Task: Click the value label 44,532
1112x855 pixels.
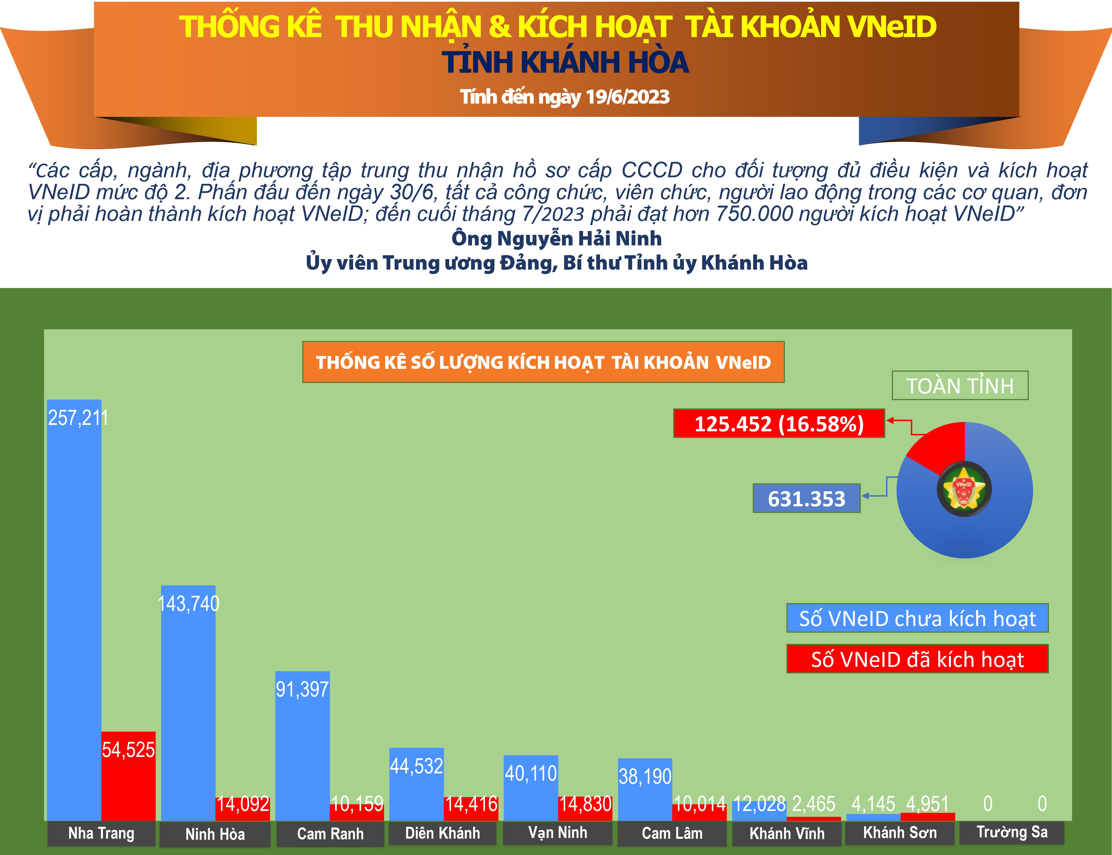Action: [x=416, y=766]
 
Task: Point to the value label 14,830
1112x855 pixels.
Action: [x=586, y=804]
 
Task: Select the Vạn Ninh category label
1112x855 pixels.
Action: [x=558, y=833]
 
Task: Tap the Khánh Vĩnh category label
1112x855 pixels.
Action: [x=787, y=834]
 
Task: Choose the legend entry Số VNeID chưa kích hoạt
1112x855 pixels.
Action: [x=917, y=618]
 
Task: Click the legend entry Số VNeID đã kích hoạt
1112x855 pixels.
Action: [x=917, y=659]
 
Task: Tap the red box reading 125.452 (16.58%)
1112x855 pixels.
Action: [x=779, y=423]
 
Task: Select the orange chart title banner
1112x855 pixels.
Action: [x=543, y=362]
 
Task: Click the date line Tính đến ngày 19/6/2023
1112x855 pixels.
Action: [x=564, y=97]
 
